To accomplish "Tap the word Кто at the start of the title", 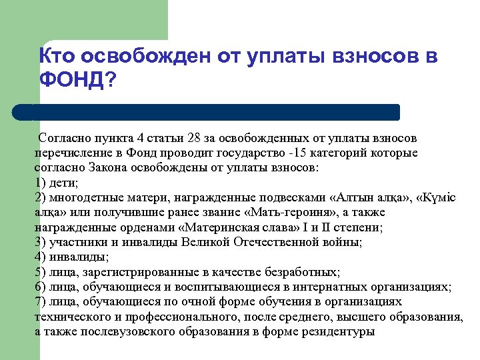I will point(57,57).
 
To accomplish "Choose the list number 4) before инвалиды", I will point(39,257).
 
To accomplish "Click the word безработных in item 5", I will point(301,271).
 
